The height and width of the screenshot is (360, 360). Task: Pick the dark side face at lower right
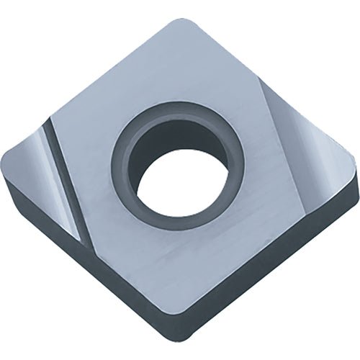(x=281, y=252)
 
